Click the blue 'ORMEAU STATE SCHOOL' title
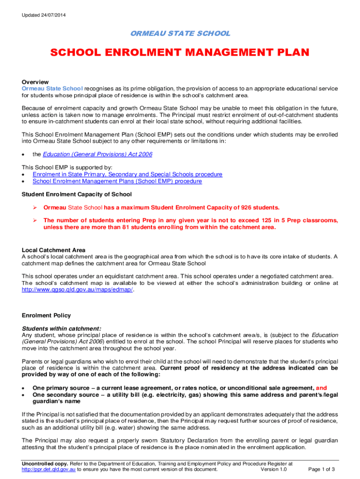(180, 33)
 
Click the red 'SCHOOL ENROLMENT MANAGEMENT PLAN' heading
(180, 52)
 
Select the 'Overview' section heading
(35, 81)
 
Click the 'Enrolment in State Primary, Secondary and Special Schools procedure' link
(127, 174)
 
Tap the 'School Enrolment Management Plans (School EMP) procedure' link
(117, 181)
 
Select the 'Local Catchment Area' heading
(54, 250)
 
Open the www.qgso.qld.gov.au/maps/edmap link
(78, 290)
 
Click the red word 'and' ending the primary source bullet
(322, 388)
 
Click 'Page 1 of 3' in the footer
(322, 470)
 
